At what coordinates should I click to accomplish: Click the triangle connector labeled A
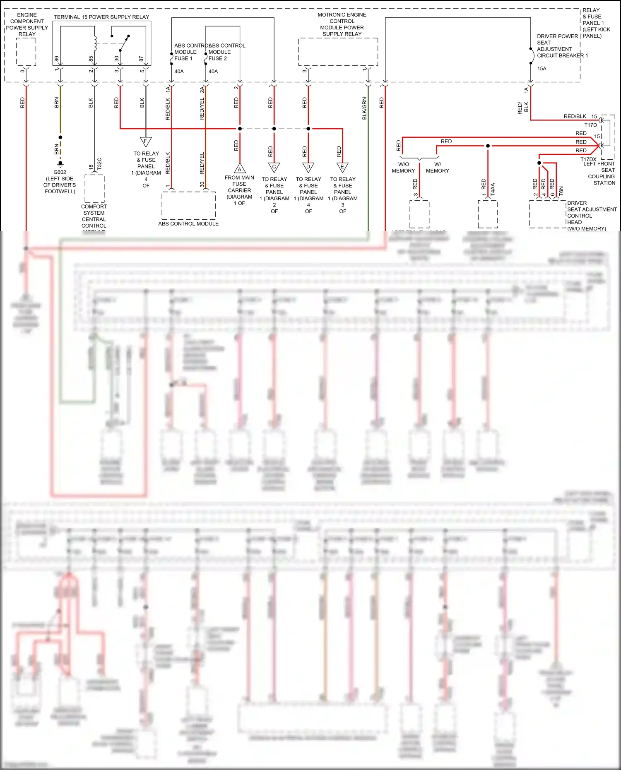coord(240,168)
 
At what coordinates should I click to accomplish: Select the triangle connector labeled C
coord(274,167)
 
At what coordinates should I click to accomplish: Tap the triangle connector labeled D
coord(308,167)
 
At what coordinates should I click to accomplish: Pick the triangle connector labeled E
coord(342,167)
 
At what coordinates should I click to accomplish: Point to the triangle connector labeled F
coord(146,142)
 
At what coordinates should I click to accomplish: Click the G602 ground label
coord(60,172)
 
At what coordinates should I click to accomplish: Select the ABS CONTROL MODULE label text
coord(188,224)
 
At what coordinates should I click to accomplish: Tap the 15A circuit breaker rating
coord(542,69)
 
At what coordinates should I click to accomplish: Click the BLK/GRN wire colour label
coord(365,108)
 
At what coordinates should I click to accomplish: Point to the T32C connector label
coord(99,163)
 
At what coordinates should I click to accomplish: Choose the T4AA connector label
coord(493,190)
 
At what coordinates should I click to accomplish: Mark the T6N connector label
coord(561,191)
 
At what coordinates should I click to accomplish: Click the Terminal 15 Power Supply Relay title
coord(101,17)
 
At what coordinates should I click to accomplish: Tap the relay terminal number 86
coord(57,59)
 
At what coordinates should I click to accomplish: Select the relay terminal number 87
coord(142,59)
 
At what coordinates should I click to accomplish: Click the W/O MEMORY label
coord(403,168)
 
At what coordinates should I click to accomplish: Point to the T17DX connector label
coord(588,159)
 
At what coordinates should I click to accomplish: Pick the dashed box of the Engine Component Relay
coord(26,52)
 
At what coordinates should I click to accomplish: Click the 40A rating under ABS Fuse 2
coord(213,72)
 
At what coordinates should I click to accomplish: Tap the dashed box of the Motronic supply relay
coord(338,52)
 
